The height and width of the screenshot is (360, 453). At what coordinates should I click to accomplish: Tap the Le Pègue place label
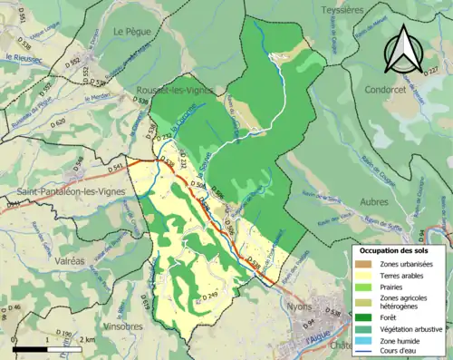[x=130, y=31]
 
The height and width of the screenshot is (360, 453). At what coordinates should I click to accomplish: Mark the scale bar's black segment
[x=30, y=348]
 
